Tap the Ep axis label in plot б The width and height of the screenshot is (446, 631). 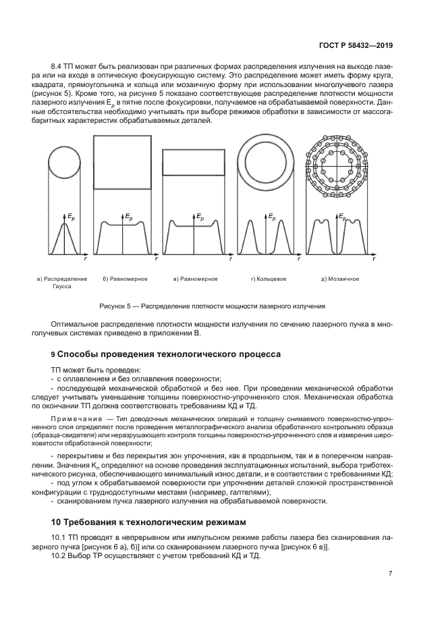click(128, 216)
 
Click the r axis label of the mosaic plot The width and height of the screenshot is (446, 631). click(374, 258)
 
